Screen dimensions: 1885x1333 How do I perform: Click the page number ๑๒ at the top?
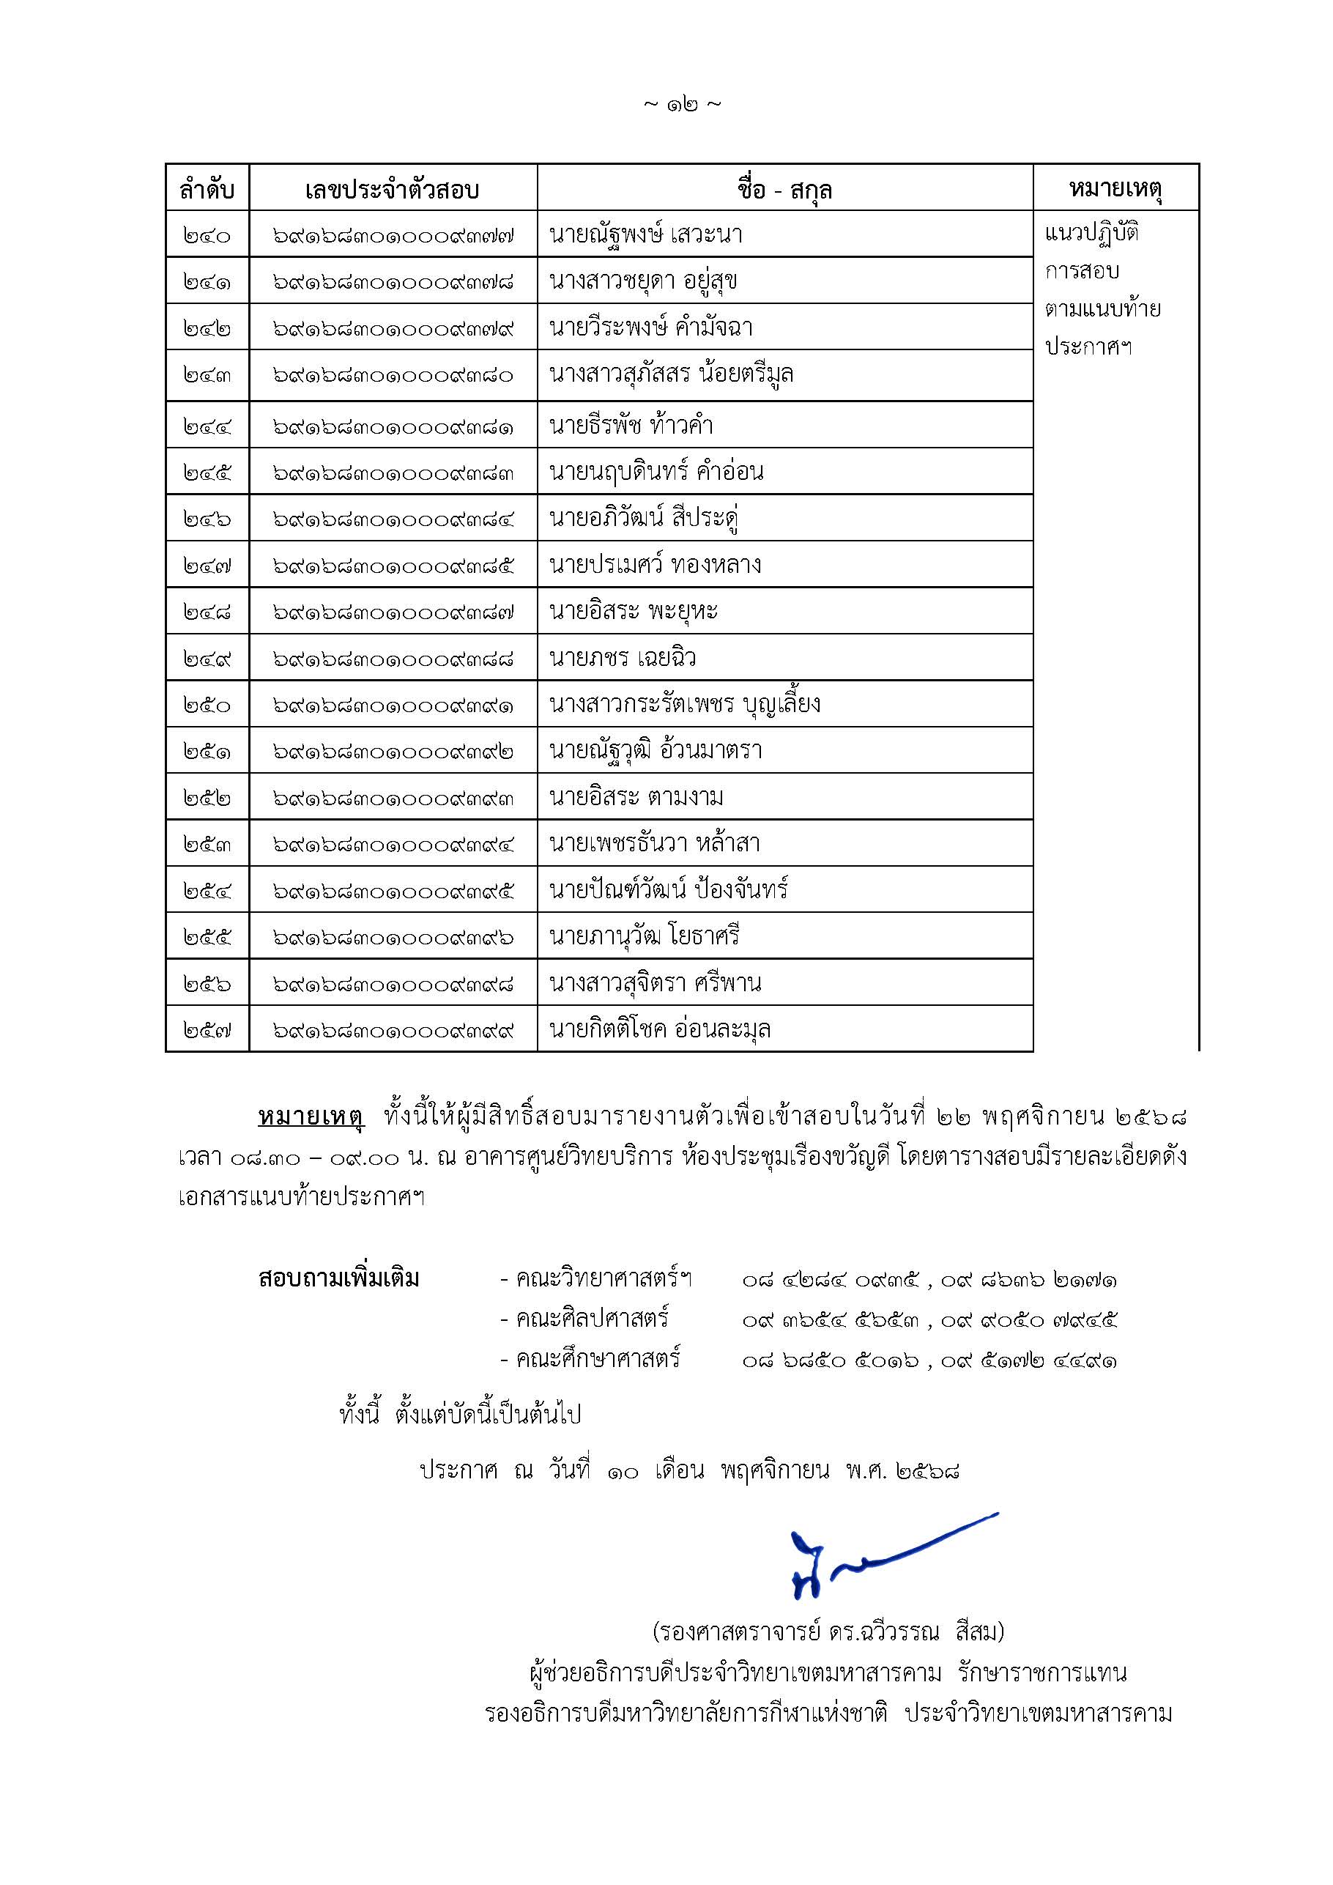click(x=682, y=105)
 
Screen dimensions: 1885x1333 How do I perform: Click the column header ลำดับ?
click(x=207, y=190)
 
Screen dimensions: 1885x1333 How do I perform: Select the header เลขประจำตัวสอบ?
click(x=393, y=190)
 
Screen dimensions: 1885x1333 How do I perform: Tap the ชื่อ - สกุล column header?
click(x=784, y=190)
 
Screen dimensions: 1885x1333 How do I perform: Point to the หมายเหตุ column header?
click(x=1115, y=189)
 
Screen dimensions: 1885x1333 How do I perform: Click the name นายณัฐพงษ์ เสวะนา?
click(x=646, y=235)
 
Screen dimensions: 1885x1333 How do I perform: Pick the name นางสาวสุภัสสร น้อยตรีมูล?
click(x=672, y=374)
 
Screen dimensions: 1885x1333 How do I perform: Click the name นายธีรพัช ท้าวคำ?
click(x=631, y=425)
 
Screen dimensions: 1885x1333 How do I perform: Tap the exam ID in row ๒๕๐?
click(x=393, y=706)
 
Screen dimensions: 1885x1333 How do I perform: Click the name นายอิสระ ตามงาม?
click(x=636, y=797)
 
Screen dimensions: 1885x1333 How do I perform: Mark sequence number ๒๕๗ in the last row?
click(x=207, y=1029)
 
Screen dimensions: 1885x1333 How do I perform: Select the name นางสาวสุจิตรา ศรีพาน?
click(x=655, y=982)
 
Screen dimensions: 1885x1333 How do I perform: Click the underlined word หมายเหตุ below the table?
click(x=311, y=1116)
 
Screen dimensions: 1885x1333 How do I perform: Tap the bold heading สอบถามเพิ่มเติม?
click(x=338, y=1279)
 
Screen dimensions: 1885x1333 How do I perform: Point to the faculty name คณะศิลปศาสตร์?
click(x=591, y=1319)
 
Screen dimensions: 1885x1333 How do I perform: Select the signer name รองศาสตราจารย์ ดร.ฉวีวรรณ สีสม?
click(x=828, y=1632)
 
